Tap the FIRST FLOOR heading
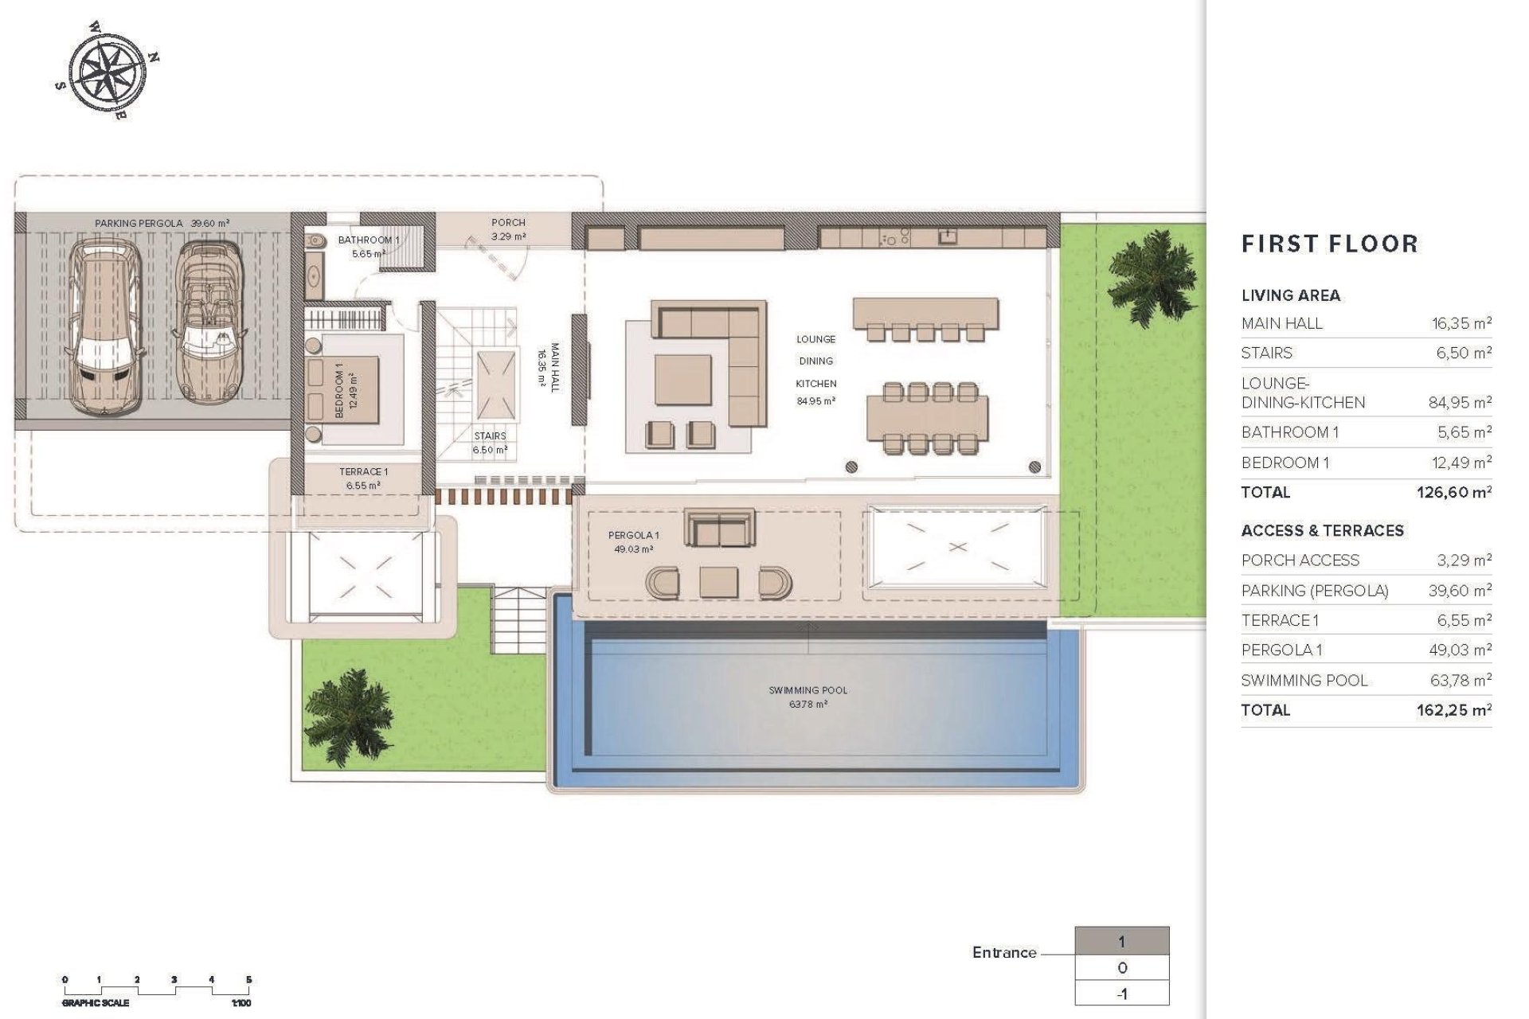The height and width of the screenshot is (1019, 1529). [1329, 244]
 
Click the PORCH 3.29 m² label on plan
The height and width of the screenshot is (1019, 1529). [508, 229]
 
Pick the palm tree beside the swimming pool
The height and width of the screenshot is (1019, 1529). [344, 713]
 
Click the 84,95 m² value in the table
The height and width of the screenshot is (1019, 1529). [1459, 403]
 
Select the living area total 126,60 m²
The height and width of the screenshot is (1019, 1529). [1453, 492]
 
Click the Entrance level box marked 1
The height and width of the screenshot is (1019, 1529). [1121, 942]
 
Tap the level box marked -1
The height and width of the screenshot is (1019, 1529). [1121, 994]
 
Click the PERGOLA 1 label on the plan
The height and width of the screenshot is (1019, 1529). [633, 542]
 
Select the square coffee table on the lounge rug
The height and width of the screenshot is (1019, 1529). [682, 380]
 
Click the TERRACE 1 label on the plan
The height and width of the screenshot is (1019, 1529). [363, 478]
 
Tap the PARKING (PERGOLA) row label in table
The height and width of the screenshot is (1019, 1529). [1314, 591]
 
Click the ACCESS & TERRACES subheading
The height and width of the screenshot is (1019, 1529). [1322, 530]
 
